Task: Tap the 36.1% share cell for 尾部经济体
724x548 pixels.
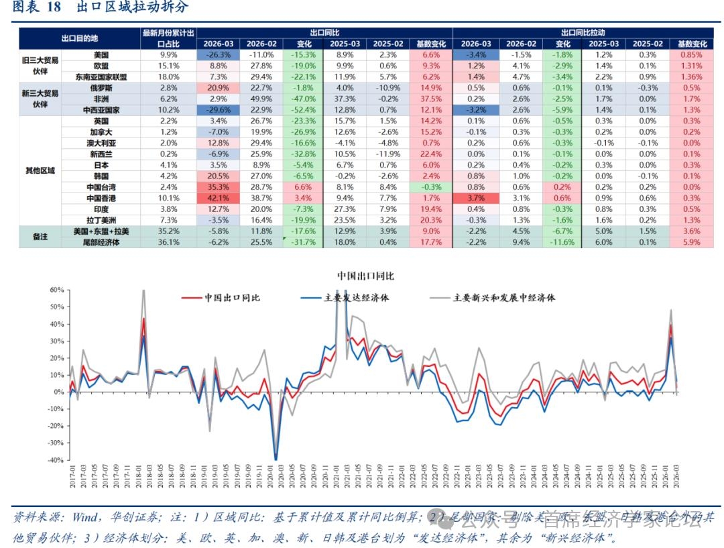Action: point(169,242)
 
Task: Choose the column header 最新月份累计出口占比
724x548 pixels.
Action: point(169,38)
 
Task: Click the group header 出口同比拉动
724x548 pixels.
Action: point(582,32)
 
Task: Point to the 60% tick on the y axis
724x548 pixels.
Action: point(56,290)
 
